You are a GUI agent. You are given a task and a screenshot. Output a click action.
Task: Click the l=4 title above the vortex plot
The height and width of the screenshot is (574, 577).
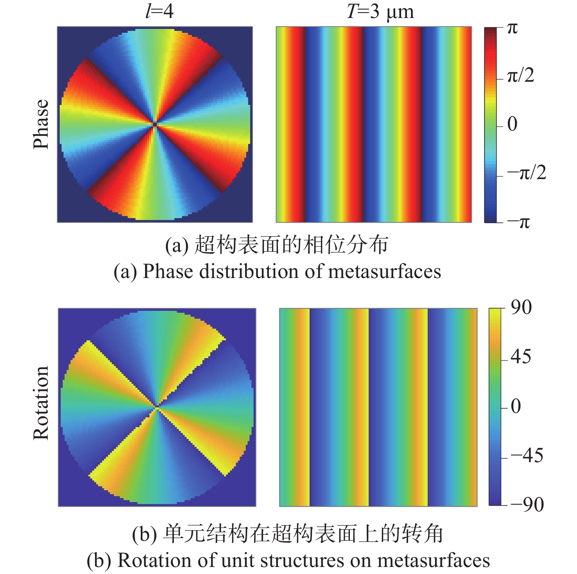coord(159,11)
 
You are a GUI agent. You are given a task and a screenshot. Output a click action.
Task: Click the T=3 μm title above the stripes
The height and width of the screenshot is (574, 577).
coord(380,12)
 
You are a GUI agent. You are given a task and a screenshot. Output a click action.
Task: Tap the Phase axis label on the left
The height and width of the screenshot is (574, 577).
coord(41,124)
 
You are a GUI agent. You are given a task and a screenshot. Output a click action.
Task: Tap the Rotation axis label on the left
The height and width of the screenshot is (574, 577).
coord(41,403)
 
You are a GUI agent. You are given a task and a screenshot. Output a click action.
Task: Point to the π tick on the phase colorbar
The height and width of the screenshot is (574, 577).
coord(512,28)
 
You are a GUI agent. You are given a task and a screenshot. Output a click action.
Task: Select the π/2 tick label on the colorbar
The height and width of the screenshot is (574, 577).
coord(520,76)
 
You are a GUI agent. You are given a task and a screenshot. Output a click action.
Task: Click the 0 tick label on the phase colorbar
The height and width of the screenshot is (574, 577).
coord(512,124)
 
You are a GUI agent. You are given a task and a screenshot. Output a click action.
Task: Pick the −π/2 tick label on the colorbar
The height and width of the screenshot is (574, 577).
coord(526,172)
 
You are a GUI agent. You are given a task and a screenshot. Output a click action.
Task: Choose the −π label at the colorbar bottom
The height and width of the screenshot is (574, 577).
coord(518,222)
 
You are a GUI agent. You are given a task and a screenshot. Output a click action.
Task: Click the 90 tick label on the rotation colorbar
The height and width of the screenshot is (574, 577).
coord(521,308)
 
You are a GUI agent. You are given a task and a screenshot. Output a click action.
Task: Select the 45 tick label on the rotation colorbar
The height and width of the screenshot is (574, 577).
coord(521,357)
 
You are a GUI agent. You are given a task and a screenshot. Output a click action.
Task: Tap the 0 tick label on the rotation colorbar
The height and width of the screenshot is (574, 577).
coord(516,407)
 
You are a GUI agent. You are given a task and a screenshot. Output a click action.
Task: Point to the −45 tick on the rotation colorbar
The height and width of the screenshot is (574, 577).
coord(527,456)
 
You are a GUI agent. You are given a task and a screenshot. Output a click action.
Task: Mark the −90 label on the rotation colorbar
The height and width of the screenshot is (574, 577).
coord(527,505)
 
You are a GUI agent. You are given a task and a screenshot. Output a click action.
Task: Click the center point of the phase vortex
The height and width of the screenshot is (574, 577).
coord(155,124)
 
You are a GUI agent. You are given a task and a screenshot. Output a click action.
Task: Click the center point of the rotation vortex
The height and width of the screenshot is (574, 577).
coord(157,407)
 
